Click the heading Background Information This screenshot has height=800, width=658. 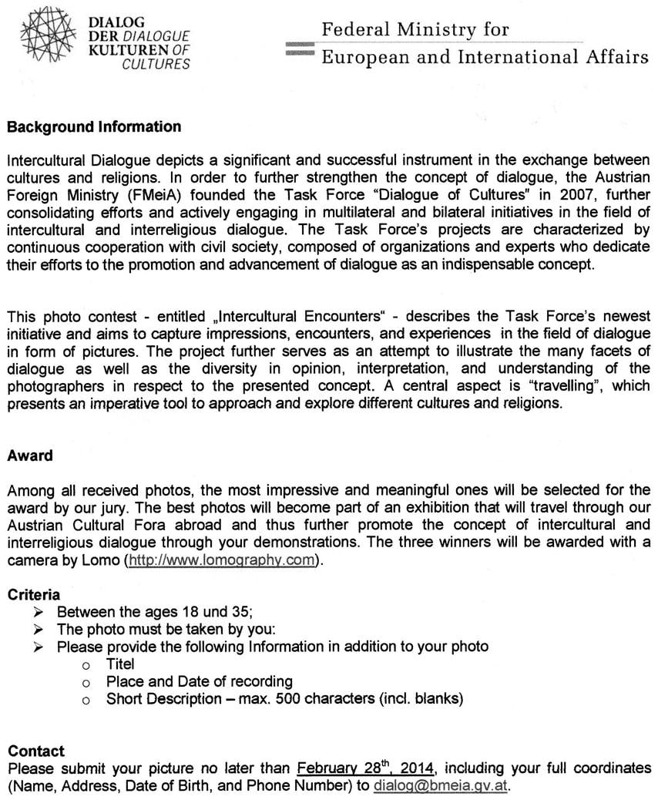[94, 127]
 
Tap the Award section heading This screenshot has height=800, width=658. [30, 455]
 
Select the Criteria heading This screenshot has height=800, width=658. [33, 595]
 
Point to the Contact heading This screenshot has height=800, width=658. [36, 751]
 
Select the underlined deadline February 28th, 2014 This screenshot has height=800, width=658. [365, 768]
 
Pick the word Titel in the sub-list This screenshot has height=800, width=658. [120, 664]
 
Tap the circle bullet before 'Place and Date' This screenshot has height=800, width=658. [87, 682]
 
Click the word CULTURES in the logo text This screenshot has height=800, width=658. [156, 64]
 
